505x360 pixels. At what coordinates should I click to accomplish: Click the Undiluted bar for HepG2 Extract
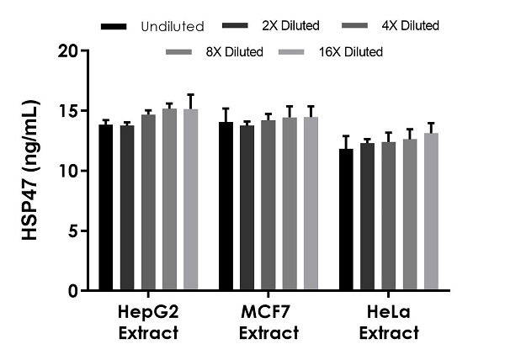pyautogui.click(x=106, y=208)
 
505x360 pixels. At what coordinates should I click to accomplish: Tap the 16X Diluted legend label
pyautogui.click(x=351, y=52)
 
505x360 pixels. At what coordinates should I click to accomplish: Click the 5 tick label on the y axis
pyautogui.click(x=75, y=230)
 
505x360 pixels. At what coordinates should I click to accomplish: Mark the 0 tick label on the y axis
pyautogui.click(x=75, y=291)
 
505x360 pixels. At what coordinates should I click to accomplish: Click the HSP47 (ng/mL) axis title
pyautogui.click(x=33, y=171)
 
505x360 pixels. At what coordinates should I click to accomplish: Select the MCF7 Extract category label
pyautogui.click(x=268, y=323)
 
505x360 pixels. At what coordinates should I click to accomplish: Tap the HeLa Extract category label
pyautogui.click(x=389, y=323)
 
